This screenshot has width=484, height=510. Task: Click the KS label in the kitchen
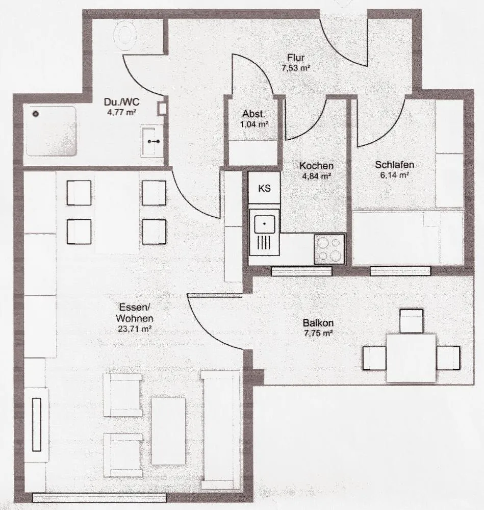264,188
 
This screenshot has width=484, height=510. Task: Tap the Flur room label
296,58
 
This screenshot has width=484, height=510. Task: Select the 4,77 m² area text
121,113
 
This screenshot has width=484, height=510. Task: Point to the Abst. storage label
253,114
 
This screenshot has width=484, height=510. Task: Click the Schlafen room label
395,165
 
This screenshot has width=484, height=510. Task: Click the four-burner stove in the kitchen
329,249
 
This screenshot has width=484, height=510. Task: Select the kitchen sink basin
264,224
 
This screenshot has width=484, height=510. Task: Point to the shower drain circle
36,114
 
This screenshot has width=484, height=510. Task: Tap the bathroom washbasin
151,141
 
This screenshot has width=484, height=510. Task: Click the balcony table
411,358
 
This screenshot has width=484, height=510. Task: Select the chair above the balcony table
412,321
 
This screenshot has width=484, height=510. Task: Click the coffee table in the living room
168,431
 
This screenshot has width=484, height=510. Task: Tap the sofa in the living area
220,430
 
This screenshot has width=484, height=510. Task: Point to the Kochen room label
317,166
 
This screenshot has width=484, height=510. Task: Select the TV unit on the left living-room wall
37,424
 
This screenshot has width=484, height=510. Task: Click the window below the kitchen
301,271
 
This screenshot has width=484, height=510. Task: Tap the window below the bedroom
400,271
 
